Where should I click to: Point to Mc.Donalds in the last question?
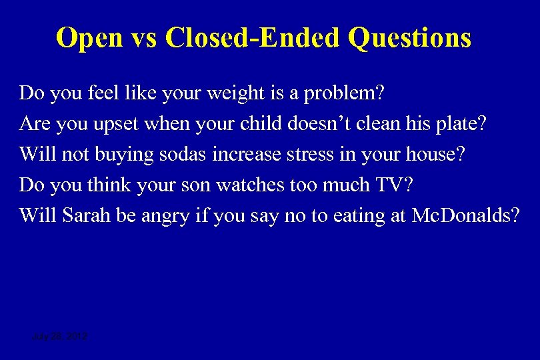[465, 216]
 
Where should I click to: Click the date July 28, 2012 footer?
[59, 337]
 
